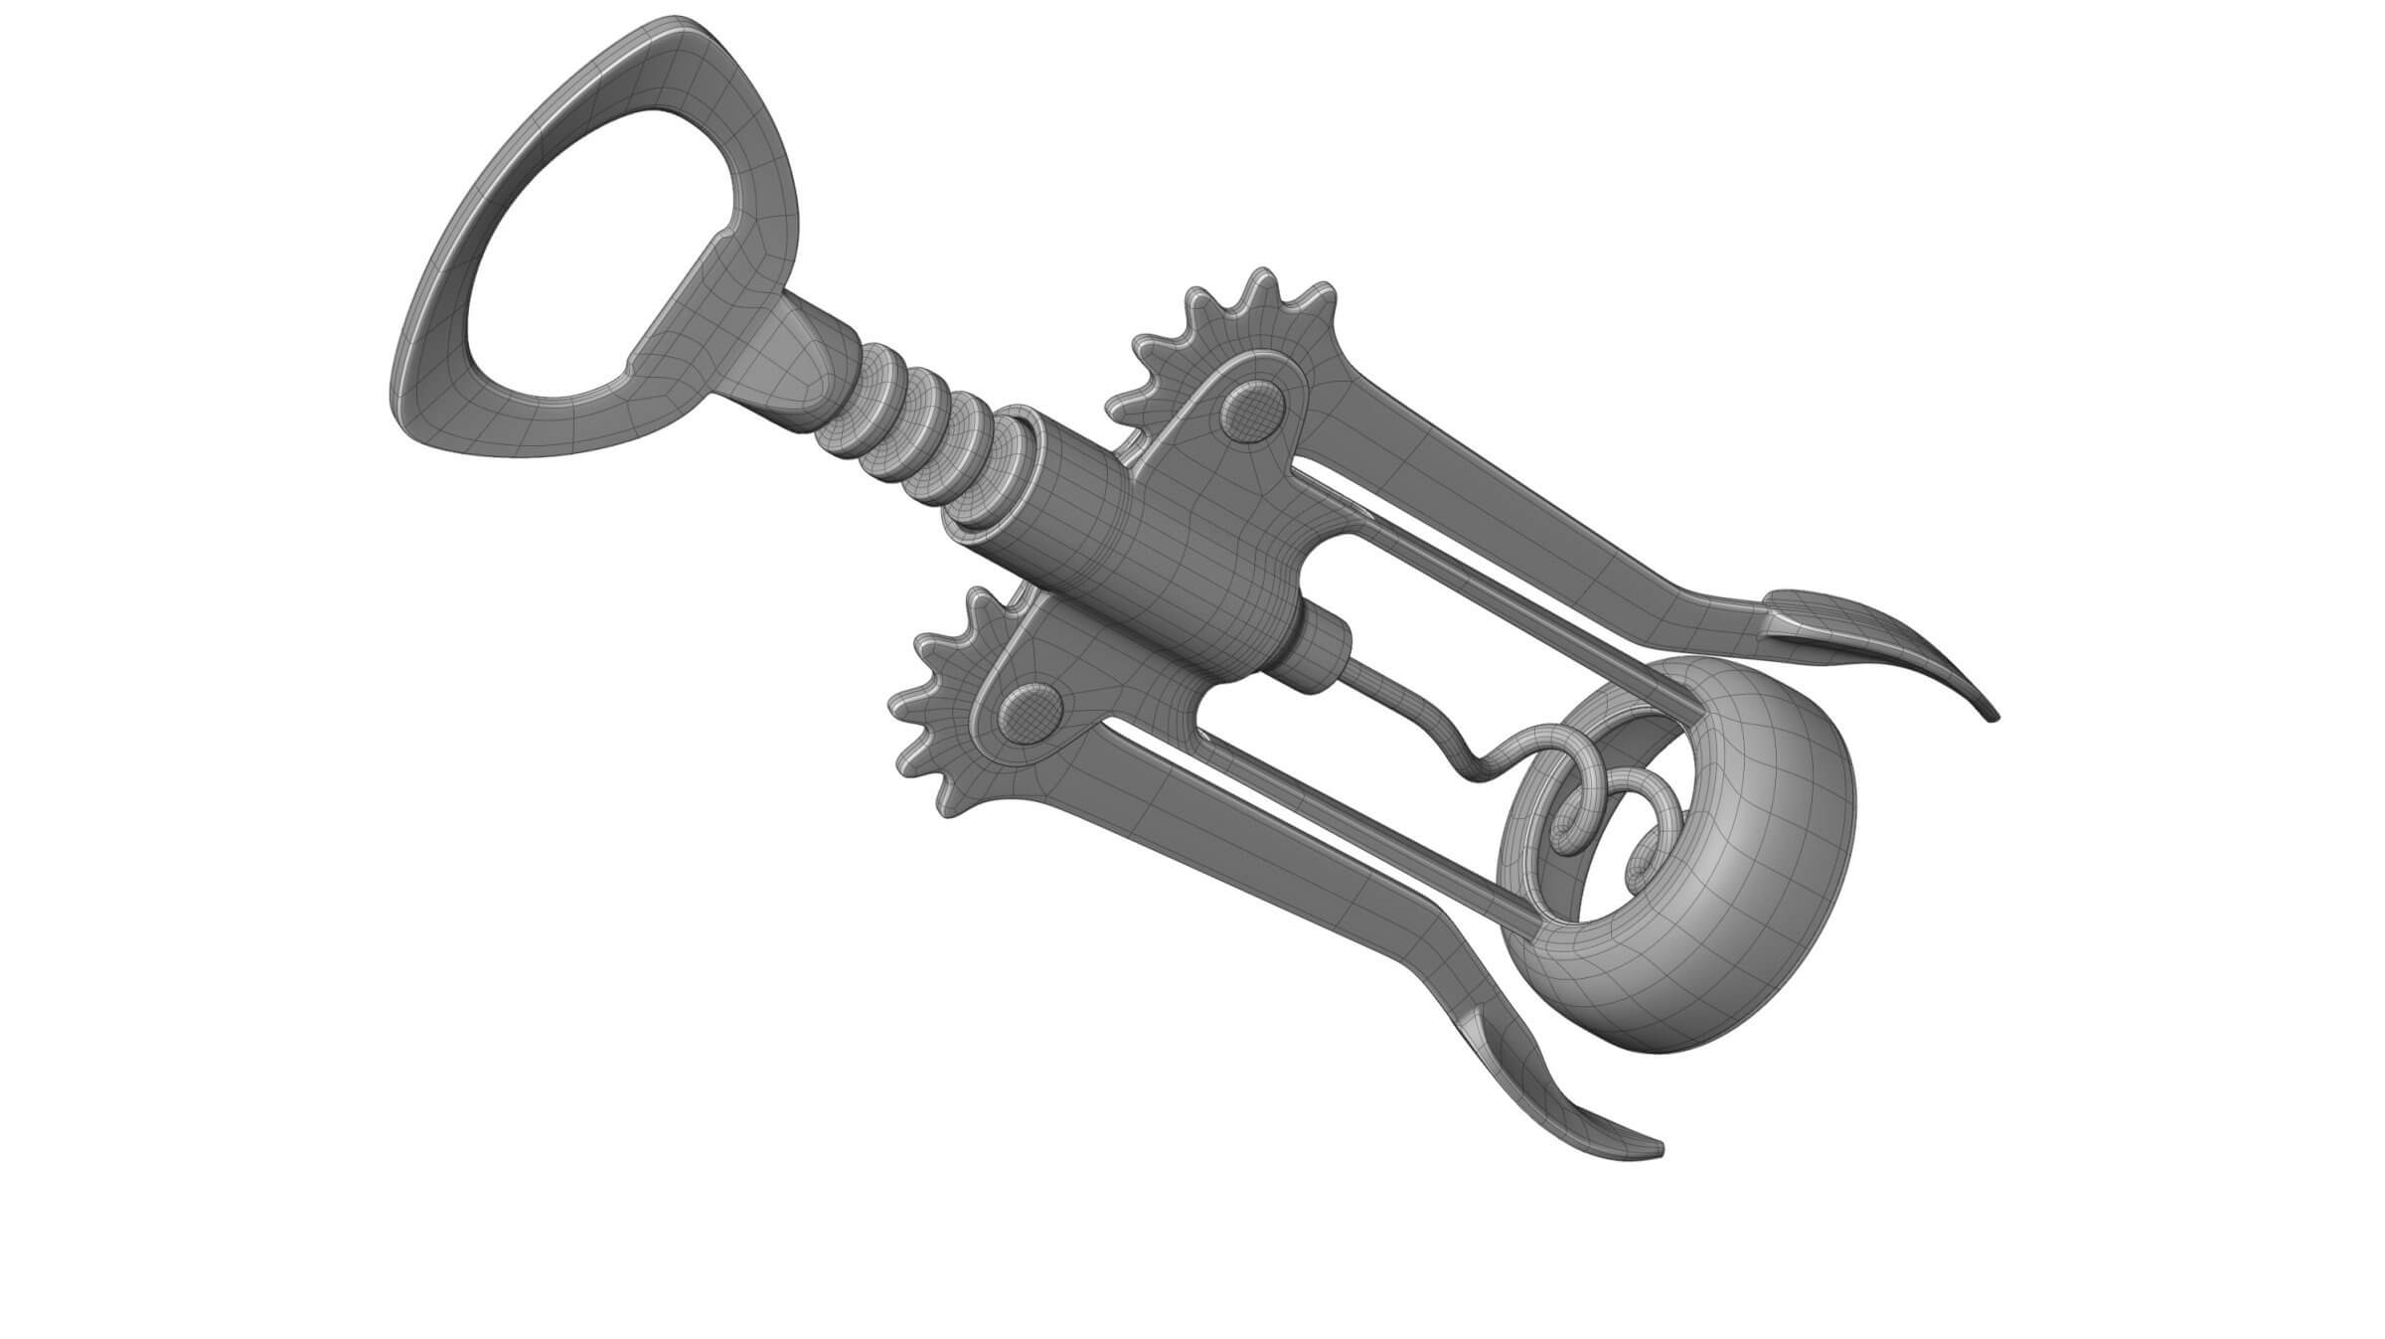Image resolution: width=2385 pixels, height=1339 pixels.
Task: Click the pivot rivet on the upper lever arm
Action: coord(1251,410)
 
